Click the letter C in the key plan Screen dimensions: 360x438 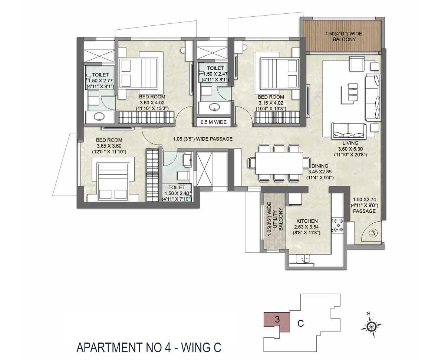pos(301,324)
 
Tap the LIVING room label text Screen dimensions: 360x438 pos(350,143)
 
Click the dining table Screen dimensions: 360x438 pos(279,163)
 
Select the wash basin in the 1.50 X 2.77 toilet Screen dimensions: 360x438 pos(99,117)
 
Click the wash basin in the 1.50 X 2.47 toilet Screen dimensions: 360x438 pos(213,108)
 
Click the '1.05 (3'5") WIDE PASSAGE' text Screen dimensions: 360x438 pos(202,139)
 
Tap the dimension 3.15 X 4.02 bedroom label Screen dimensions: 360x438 pos(270,103)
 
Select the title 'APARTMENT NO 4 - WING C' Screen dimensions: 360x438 pos(149,348)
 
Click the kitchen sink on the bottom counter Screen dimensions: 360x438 pos(306,259)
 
